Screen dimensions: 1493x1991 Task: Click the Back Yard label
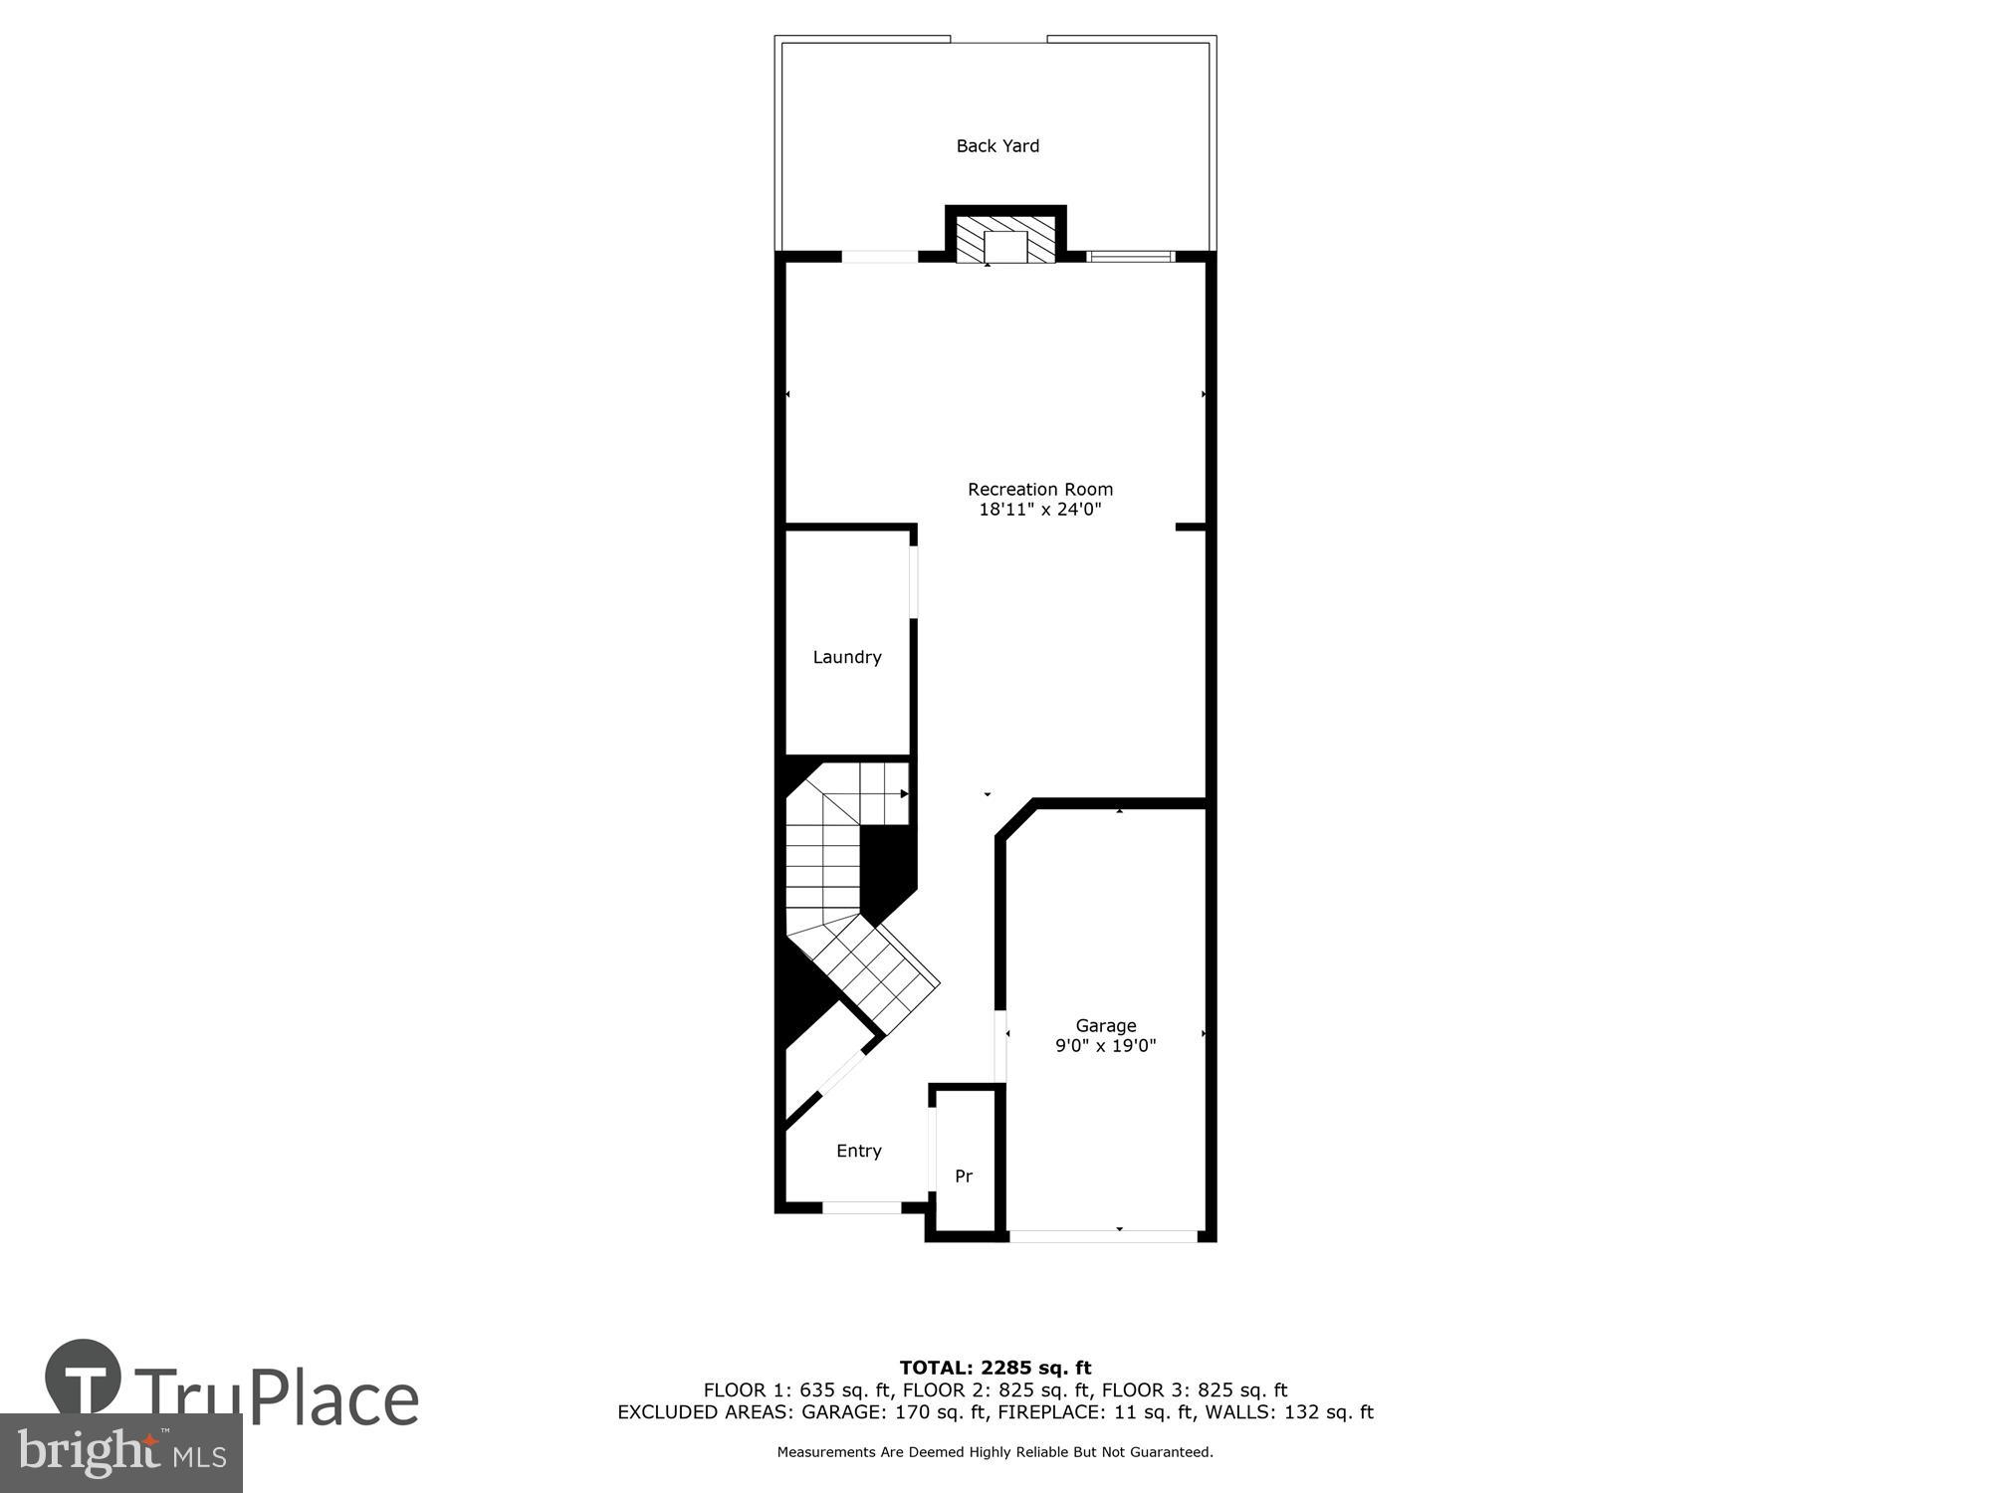[x=997, y=146]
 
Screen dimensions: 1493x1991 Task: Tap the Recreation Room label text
[x=1040, y=489]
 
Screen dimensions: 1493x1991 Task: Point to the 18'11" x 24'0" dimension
[x=1040, y=510]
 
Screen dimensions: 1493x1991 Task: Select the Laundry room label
[x=847, y=657]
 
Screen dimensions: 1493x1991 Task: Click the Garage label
[x=1105, y=1025]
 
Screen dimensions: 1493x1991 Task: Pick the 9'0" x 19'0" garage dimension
[x=1105, y=1046]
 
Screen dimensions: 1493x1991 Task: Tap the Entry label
[x=859, y=1151]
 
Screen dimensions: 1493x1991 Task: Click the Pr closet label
[x=964, y=1176]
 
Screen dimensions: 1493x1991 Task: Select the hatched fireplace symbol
[x=1005, y=239]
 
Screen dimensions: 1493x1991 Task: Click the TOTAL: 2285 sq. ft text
[x=995, y=1368]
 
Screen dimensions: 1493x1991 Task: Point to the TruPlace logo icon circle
[x=84, y=1378]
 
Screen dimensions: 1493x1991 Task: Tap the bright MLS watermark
[x=120, y=1453]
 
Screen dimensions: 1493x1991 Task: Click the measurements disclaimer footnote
[x=995, y=1452]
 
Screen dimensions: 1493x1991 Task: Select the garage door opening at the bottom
[x=1103, y=1236]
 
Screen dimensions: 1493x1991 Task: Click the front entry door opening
[x=862, y=1207]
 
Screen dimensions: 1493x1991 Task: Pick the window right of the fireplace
[x=1131, y=257]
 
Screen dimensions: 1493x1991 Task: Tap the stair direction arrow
[x=904, y=794]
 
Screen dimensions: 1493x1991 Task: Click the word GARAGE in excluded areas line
[x=839, y=1412]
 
